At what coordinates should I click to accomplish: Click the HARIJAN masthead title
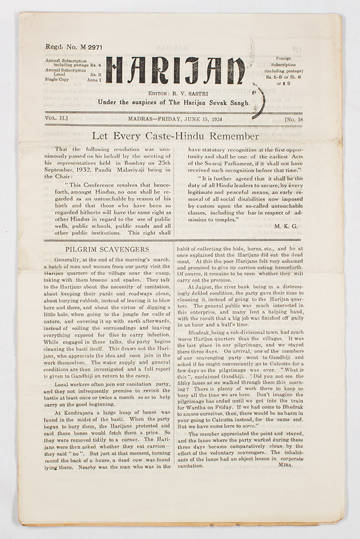point(175,71)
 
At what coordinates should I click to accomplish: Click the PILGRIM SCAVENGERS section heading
point(107,250)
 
